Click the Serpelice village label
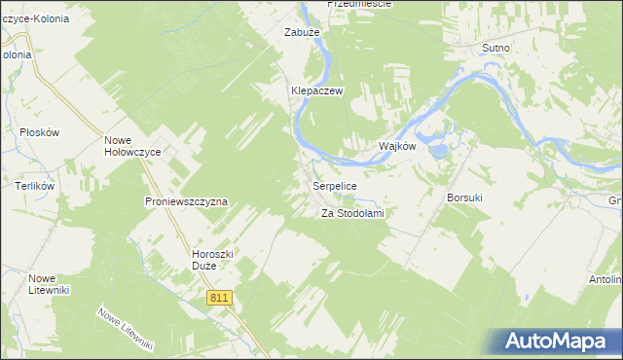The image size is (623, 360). tap(335, 185)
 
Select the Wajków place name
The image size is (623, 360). tap(397, 146)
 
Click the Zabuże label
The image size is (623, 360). tap(302, 32)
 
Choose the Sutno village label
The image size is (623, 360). tap(495, 47)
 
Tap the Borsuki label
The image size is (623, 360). tap(464, 198)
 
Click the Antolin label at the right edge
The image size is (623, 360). tap(605, 280)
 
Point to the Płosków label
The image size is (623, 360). tap(40, 131)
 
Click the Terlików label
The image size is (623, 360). tap(34, 185)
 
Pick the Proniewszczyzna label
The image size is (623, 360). tap(186, 201)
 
